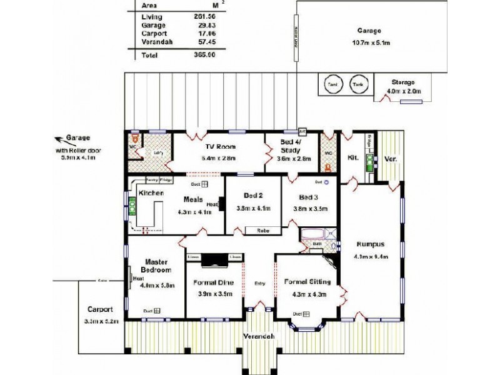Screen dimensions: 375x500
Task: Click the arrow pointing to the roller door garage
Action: (61, 139)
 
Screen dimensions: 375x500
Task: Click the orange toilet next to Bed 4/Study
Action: (328, 167)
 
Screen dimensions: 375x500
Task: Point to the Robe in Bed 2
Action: (262, 231)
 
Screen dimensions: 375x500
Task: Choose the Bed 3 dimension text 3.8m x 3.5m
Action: (311, 208)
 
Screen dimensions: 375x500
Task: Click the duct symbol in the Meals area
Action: (204, 185)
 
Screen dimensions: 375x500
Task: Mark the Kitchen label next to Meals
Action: (151, 193)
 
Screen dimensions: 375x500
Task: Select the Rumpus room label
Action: (369, 244)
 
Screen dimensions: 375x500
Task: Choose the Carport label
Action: (100, 309)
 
